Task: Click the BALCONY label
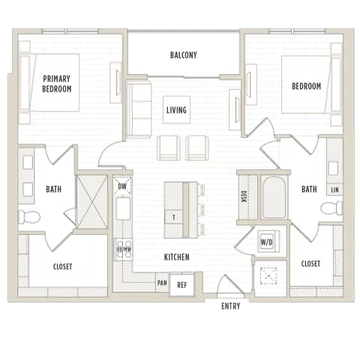(x=184, y=55)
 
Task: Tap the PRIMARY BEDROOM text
(x=57, y=84)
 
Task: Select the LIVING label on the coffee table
(x=176, y=110)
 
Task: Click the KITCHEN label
(x=177, y=257)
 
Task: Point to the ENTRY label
(x=231, y=306)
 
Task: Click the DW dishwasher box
(x=122, y=185)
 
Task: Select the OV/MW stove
(x=124, y=250)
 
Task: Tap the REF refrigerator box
(x=182, y=285)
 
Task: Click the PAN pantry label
(x=162, y=283)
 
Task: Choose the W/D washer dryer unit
(x=267, y=242)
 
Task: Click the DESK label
(x=244, y=197)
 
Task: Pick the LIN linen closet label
(x=334, y=190)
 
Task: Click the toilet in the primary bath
(x=29, y=217)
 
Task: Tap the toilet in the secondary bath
(x=331, y=208)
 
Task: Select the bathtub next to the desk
(x=274, y=197)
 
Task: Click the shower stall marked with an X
(x=92, y=202)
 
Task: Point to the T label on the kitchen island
(x=174, y=217)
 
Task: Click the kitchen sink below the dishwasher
(x=123, y=208)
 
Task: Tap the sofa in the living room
(x=139, y=109)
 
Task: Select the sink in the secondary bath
(x=333, y=168)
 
